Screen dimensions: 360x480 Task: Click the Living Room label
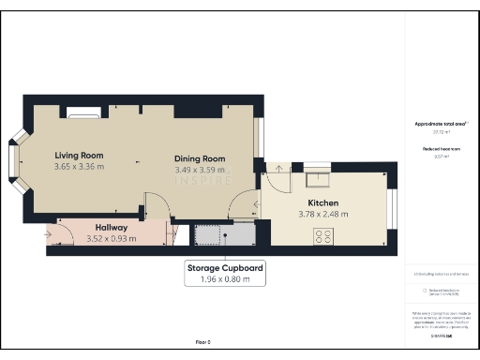[x=78, y=155]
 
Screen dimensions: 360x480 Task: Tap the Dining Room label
[x=201, y=158]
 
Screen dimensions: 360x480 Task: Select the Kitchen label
[x=323, y=202]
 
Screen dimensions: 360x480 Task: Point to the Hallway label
[x=111, y=227]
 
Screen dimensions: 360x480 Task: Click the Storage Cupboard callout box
[x=224, y=273]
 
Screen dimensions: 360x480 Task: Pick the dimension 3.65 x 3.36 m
[x=79, y=167]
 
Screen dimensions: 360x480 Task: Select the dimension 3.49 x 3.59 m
[x=201, y=171]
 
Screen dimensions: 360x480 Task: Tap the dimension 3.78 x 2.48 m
[x=323, y=215]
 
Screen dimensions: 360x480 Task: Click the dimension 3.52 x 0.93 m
[x=111, y=238]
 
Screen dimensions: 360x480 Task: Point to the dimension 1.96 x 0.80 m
[x=224, y=279]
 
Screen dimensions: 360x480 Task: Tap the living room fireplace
[x=83, y=114]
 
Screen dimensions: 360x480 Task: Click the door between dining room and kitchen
[x=247, y=202]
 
